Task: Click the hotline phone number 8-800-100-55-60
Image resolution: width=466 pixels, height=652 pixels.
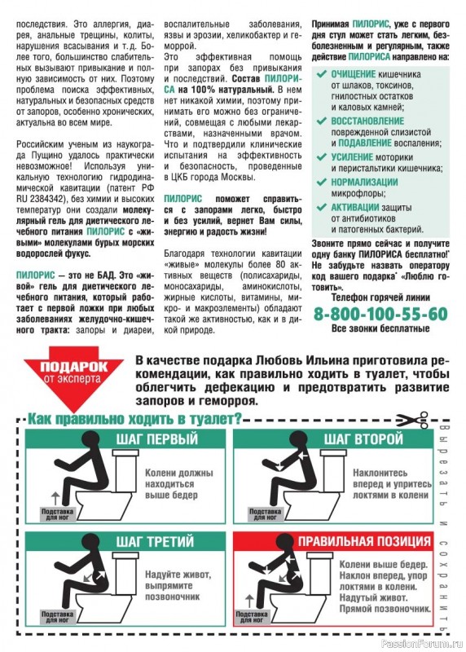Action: pos(380,314)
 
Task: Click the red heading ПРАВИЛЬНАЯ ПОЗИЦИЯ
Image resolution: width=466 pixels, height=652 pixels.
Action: pos(363,542)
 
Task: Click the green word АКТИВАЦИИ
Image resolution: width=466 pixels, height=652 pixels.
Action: pos(355,207)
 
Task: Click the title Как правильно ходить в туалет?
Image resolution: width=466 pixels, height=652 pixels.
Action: pos(135,419)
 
